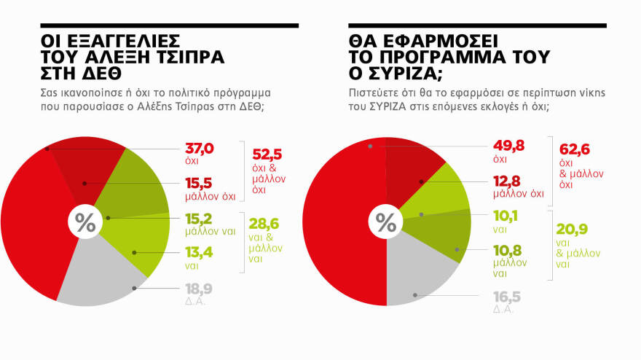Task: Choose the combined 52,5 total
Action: pyautogui.click(x=267, y=155)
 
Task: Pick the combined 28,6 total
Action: pyautogui.click(x=267, y=224)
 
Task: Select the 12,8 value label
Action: pyautogui.click(x=508, y=182)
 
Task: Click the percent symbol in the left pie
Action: pyautogui.click(x=85, y=222)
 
